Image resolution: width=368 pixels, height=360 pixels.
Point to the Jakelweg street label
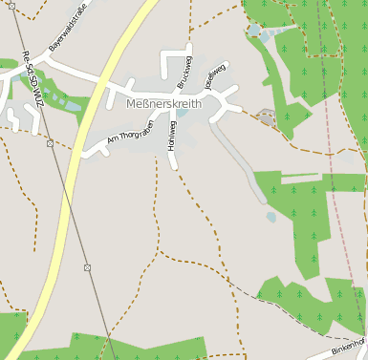(x=214, y=75)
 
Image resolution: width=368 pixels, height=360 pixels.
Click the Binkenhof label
(x=349, y=347)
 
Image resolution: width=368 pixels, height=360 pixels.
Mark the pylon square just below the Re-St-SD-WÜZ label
(x=49, y=143)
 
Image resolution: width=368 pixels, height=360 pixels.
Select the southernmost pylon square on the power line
(x=87, y=266)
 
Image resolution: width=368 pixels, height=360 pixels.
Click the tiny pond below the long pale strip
(x=271, y=217)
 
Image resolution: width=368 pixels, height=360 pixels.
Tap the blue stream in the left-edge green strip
(x=48, y=96)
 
